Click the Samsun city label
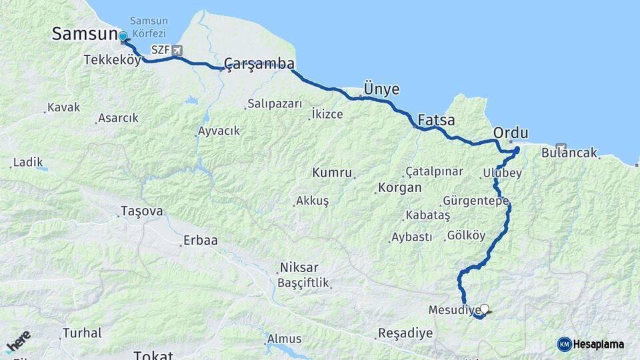[x=84, y=33]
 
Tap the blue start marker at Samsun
[x=123, y=37]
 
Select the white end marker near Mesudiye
[x=485, y=309]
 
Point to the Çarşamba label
[x=259, y=64]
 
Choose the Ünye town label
[x=381, y=89]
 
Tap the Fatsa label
[x=436, y=121]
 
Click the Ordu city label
[x=511, y=133]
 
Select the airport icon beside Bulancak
[x=560, y=149]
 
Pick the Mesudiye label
[x=454, y=310]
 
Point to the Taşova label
[x=141, y=211]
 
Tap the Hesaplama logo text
[x=599, y=345]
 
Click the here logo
[x=18, y=342]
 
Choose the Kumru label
[x=331, y=173]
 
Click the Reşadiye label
[x=405, y=333]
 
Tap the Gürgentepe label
[x=475, y=201]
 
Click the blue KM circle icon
[x=564, y=345]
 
